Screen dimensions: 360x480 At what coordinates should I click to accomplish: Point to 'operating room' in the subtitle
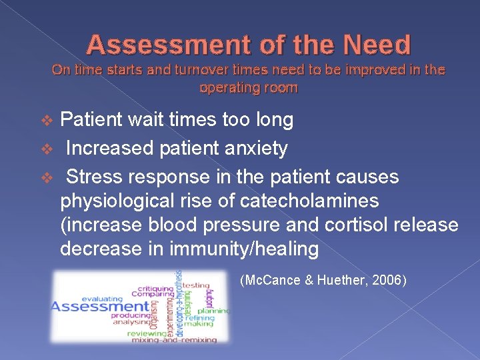coord(249,87)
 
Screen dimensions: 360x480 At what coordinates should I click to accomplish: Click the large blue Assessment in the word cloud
coord(100,306)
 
